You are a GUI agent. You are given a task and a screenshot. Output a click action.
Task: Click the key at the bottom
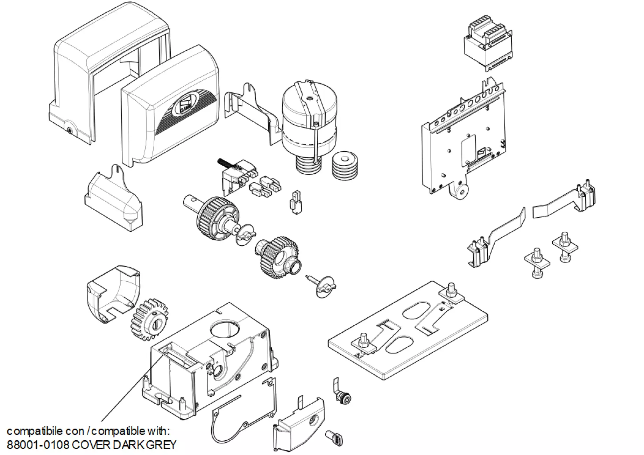point(334,438)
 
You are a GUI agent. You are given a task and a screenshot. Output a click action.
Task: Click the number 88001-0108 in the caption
point(38,445)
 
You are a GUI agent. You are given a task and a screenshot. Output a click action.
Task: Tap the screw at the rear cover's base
point(70,130)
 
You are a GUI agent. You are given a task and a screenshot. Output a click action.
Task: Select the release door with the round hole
point(301,425)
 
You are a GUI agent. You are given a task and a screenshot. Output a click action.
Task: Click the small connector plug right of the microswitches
point(296,203)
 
